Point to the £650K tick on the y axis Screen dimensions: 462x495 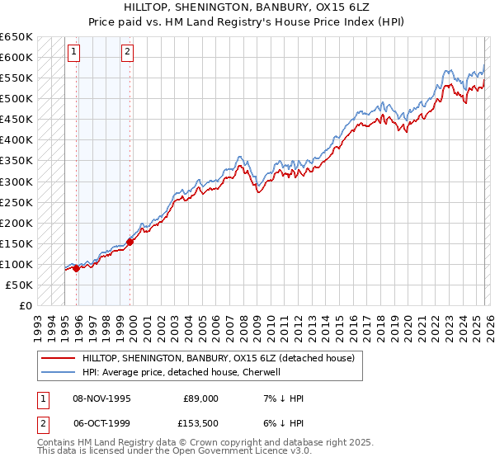(x=17, y=37)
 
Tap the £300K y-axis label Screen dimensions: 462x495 (x=17, y=181)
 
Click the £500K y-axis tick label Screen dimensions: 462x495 (x=17, y=99)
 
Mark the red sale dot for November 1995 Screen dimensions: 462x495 (x=76, y=268)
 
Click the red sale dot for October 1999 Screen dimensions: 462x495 (x=130, y=242)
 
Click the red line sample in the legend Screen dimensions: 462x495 (x=59, y=358)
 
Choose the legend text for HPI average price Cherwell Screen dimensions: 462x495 (x=181, y=372)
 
